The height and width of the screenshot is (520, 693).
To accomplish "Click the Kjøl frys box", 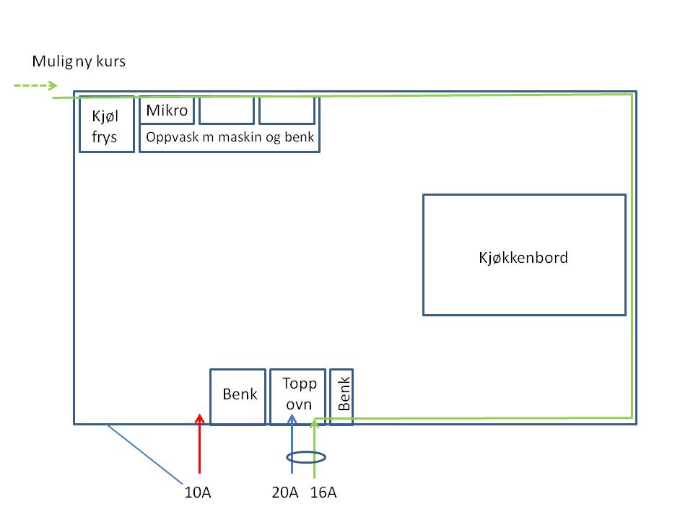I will [x=107, y=124].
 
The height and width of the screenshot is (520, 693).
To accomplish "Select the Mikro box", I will [x=167, y=110].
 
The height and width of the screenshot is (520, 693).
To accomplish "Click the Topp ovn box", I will [x=299, y=396].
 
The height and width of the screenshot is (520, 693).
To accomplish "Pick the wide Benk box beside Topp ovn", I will [x=237, y=396].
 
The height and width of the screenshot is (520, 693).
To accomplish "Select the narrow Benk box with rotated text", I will [x=341, y=396].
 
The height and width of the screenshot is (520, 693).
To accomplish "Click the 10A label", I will [x=199, y=493].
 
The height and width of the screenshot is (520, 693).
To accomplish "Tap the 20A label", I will [x=284, y=493].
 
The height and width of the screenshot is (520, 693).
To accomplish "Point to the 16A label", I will [x=323, y=493].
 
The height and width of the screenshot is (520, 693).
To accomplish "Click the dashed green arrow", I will [x=35, y=86].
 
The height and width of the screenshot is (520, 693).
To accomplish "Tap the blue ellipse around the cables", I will [x=306, y=457].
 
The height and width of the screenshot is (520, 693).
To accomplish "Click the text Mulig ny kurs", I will [x=79, y=61].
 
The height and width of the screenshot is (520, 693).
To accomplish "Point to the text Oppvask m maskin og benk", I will [x=230, y=137].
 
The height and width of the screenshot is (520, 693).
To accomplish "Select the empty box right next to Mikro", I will [x=227, y=110].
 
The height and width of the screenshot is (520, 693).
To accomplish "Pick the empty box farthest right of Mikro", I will [x=287, y=110].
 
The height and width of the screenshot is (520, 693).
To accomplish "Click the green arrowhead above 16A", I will [x=315, y=422].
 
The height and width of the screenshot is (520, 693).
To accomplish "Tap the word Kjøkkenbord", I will [x=523, y=257].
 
